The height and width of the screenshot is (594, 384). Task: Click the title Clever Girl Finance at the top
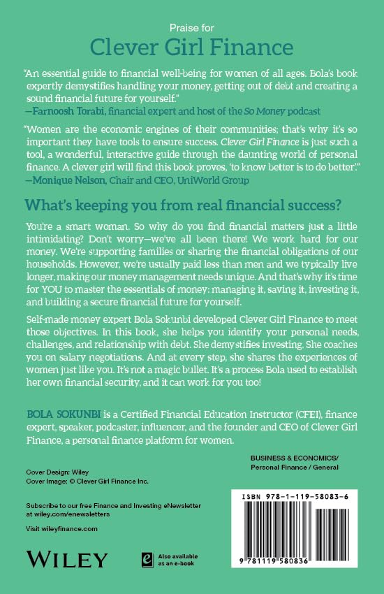coord(191,48)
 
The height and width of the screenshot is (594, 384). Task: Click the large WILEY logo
coord(66,558)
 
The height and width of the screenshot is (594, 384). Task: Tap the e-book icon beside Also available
coord(147,558)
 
